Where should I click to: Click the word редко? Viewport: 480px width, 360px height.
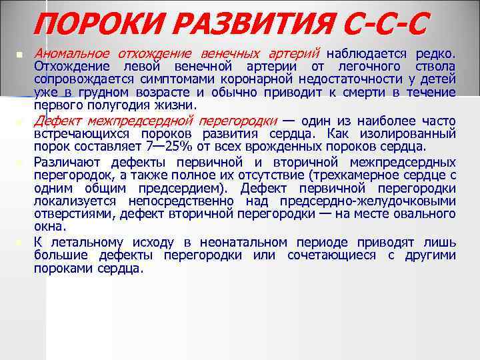click(x=435, y=53)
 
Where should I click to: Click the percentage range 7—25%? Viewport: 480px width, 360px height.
click(x=158, y=147)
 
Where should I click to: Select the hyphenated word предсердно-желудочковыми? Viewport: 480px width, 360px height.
click(x=367, y=201)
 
